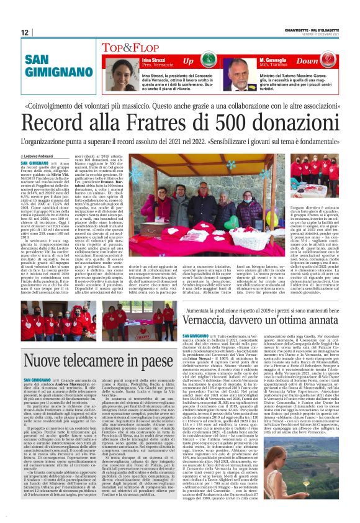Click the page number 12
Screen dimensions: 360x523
point(25,32)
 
